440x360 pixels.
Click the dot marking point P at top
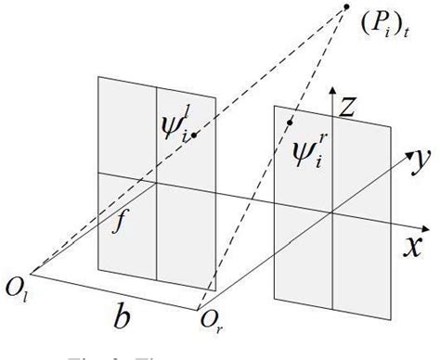(346, 7)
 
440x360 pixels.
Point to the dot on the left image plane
(194, 135)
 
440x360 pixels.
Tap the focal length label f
(119, 224)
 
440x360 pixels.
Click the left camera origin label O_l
(19, 276)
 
